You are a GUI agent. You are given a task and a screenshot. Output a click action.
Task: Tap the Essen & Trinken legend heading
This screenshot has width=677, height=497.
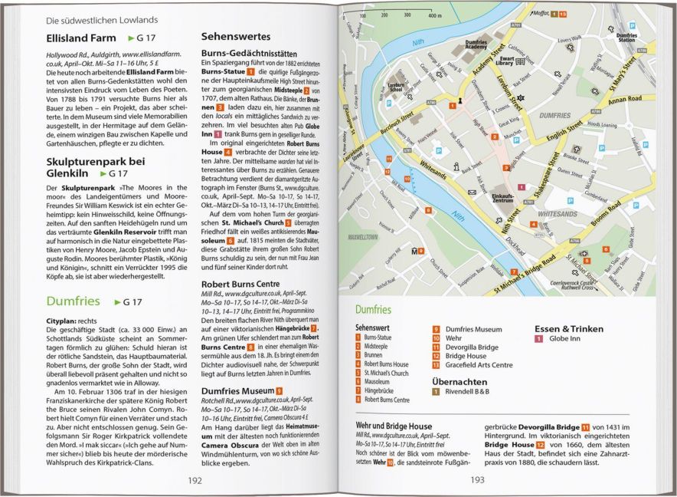(569, 328)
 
